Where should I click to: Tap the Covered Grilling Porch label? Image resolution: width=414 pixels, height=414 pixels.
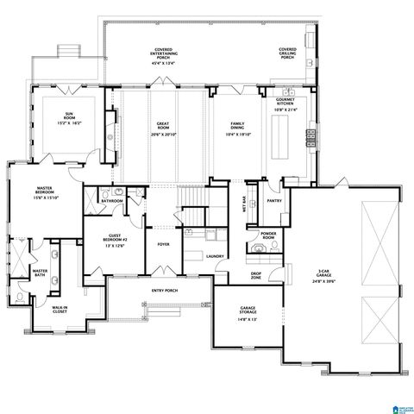pos(287,53)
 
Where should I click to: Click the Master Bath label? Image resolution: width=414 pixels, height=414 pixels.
pos(39,274)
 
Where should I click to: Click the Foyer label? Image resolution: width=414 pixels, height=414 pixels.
pos(162,244)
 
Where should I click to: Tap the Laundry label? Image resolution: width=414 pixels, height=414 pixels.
pos(215,256)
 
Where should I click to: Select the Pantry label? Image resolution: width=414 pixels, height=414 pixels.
pos(274,201)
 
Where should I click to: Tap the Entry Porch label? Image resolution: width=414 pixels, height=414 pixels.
pos(163,291)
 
